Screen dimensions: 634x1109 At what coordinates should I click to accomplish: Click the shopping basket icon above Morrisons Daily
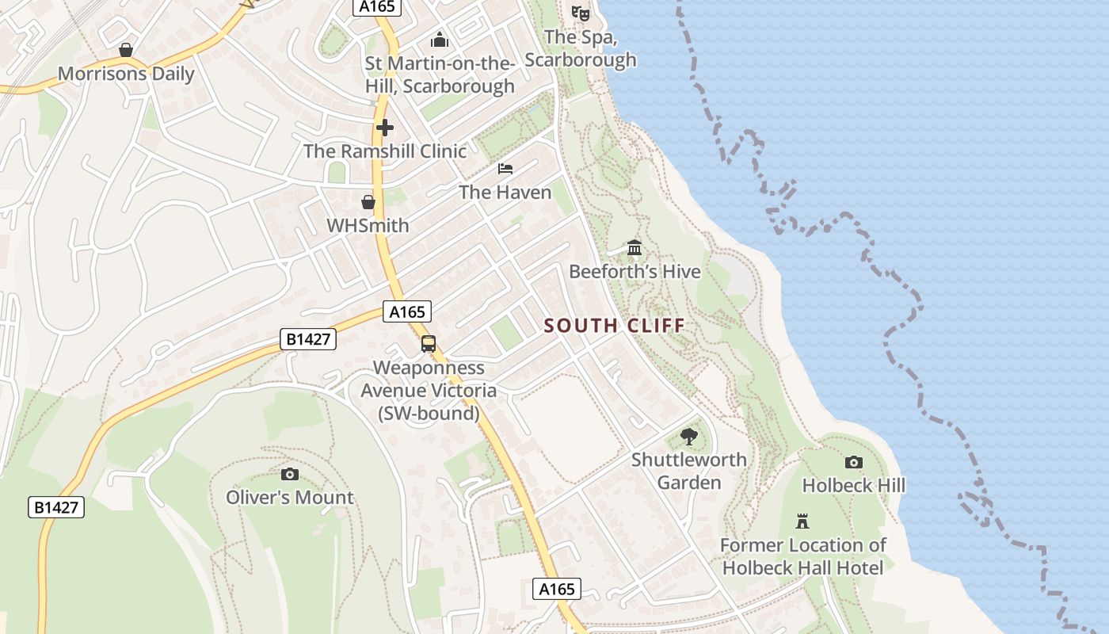click(126, 51)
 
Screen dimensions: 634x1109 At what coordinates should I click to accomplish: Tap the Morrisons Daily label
click(126, 74)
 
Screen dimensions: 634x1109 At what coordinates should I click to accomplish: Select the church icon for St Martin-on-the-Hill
click(440, 39)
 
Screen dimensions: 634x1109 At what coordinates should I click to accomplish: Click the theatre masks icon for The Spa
click(581, 13)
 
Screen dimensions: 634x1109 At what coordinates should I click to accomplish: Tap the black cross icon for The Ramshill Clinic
click(385, 127)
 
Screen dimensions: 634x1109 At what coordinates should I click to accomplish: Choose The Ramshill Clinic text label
click(385, 151)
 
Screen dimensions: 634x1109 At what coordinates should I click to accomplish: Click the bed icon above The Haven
click(505, 168)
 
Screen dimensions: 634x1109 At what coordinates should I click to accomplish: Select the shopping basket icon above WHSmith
click(368, 202)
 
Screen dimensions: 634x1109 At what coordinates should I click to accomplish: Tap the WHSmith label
click(368, 226)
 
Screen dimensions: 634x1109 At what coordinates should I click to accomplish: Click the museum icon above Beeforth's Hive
click(635, 248)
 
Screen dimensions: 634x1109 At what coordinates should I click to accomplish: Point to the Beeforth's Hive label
click(635, 272)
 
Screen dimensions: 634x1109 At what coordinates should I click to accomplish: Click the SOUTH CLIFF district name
click(615, 326)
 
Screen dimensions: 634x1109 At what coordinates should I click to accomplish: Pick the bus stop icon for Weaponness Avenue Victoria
click(429, 344)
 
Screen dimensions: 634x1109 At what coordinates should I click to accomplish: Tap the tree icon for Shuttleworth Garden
click(689, 436)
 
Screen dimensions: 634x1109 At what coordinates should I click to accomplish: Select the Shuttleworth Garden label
click(689, 471)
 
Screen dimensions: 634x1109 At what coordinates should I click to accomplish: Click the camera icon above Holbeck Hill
click(854, 462)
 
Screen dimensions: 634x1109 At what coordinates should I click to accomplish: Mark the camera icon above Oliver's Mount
click(290, 474)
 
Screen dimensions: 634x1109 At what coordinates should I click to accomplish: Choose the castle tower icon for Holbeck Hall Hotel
click(802, 521)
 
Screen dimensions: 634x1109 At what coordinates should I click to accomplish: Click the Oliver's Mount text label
click(290, 498)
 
